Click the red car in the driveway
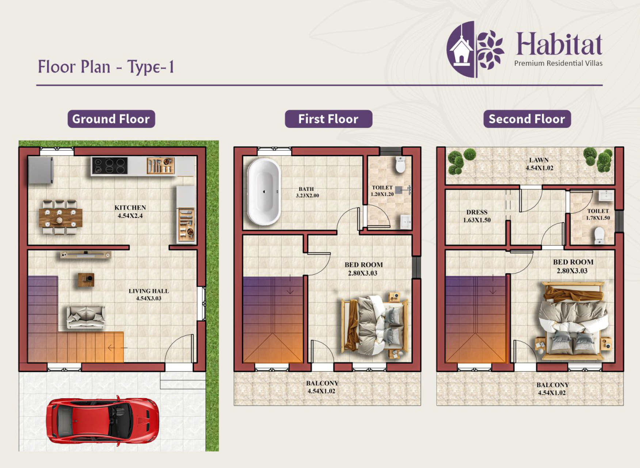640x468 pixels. tap(103, 421)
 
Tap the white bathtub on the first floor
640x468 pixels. tap(264, 192)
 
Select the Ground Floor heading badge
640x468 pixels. tap(111, 119)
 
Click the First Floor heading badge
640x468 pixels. tap(328, 119)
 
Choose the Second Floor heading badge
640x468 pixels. tap(527, 119)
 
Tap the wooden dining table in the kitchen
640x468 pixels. tap(61, 218)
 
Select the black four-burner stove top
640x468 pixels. tap(110, 166)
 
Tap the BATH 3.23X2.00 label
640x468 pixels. tap(307, 192)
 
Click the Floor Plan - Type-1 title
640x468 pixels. tap(106, 67)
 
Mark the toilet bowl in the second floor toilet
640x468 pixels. tap(599, 235)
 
